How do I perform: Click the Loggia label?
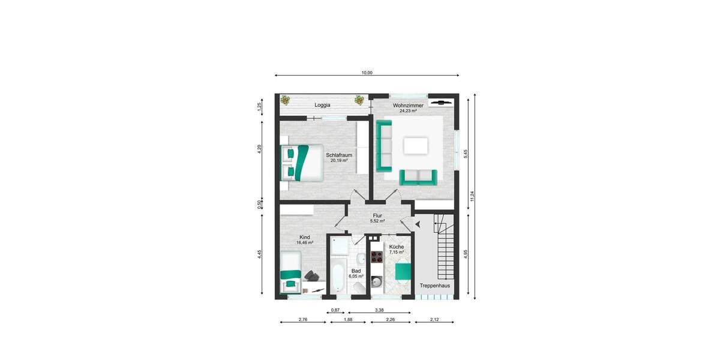(323, 105)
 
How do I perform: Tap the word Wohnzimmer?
(408, 106)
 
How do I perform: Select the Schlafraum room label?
(339, 155)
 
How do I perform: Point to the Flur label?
(377, 215)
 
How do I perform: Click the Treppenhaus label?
(434, 286)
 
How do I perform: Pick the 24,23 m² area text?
(408, 111)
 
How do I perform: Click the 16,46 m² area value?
(305, 243)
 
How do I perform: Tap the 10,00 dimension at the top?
(367, 73)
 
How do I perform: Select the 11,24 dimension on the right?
(472, 196)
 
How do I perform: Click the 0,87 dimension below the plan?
(336, 310)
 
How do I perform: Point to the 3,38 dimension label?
(379, 310)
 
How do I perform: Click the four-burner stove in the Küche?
(377, 257)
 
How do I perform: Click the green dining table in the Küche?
(403, 272)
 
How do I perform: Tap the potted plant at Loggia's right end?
(359, 100)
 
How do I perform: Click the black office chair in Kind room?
(312, 275)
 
